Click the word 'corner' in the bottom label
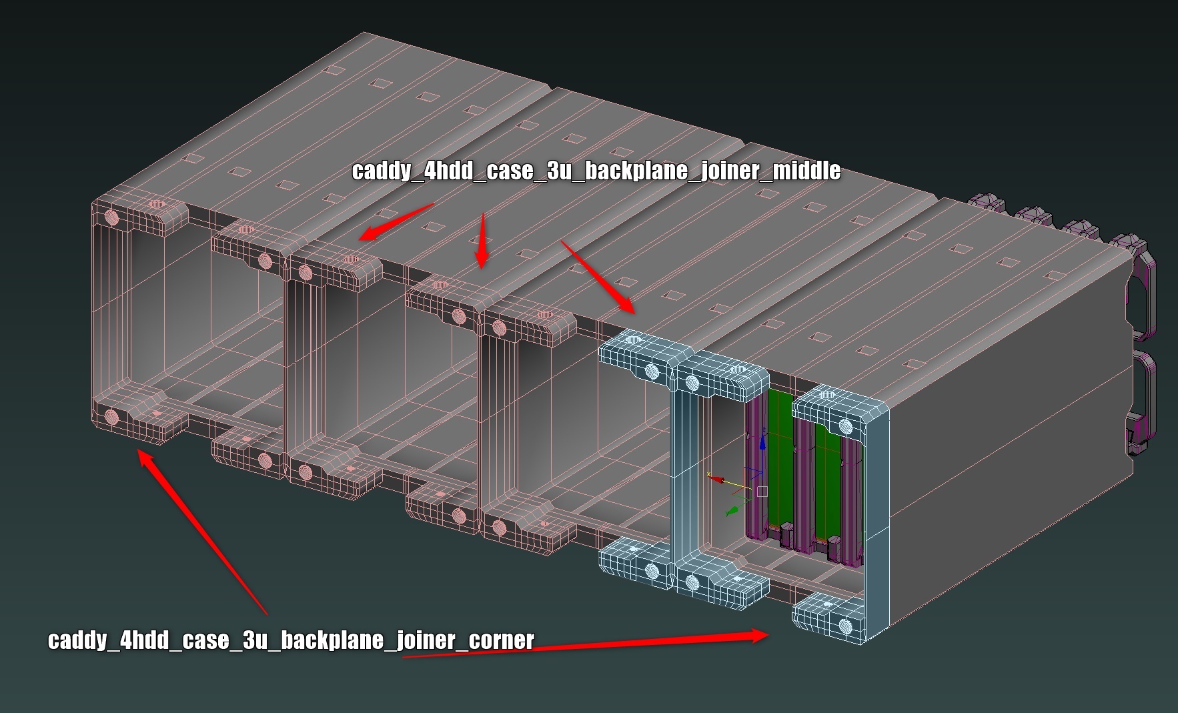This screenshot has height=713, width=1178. click(502, 640)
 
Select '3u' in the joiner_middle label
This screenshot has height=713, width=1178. click(559, 171)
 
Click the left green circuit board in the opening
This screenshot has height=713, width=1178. click(778, 460)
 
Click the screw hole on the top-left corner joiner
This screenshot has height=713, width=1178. click(111, 217)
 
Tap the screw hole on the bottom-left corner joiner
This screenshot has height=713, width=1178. click(111, 418)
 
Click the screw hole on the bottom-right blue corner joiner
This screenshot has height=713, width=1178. click(845, 626)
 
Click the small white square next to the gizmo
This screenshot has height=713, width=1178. click(762, 492)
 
